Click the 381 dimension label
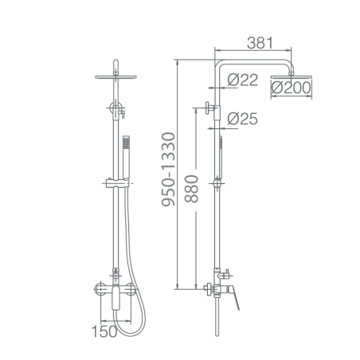260,43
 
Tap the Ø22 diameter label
242,80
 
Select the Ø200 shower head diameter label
291,88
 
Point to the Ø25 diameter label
242,119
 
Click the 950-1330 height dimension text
168,170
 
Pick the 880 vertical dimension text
191,189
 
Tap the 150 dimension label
104,331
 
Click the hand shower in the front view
126,157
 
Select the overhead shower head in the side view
292,77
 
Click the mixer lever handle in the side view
235,297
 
